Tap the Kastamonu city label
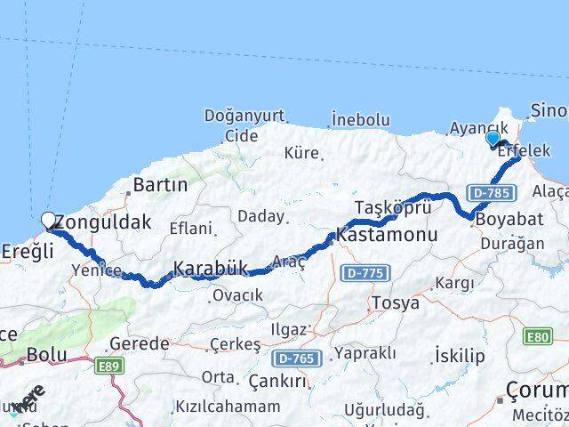[x=387, y=237]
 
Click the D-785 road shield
[x=490, y=192]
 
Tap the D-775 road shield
[x=365, y=271]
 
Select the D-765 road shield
[x=293, y=358]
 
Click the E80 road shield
[x=538, y=336]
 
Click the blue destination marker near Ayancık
[x=493, y=138]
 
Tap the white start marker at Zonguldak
[x=49, y=220]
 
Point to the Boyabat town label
[x=505, y=219]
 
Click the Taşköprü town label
[x=393, y=207]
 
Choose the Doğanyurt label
[x=231, y=116]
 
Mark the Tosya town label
[x=394, y=302]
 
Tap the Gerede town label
[x=140, y=343]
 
